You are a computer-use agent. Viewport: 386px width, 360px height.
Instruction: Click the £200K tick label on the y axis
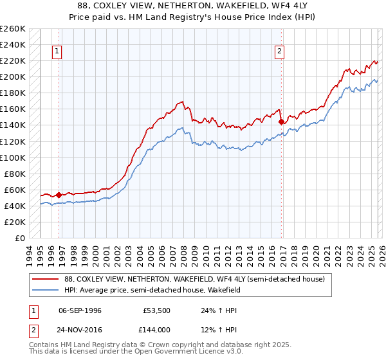13,77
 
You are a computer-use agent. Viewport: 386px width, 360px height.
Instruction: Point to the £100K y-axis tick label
13,157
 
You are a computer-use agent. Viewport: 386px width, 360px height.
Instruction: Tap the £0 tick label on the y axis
19,238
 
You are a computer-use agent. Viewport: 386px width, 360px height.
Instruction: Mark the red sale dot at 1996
59,195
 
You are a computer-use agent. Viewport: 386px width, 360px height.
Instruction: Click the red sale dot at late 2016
281,122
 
